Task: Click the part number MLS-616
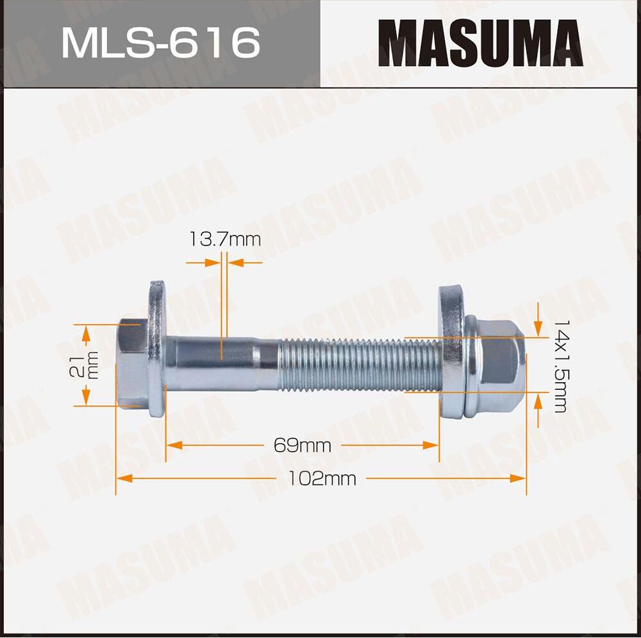point(160,44)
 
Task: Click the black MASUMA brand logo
point(481,44)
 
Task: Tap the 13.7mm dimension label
point(225,240)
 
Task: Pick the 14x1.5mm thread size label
point(560,365)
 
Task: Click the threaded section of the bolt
point(359,365)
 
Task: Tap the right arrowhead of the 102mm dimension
point(519,478)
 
